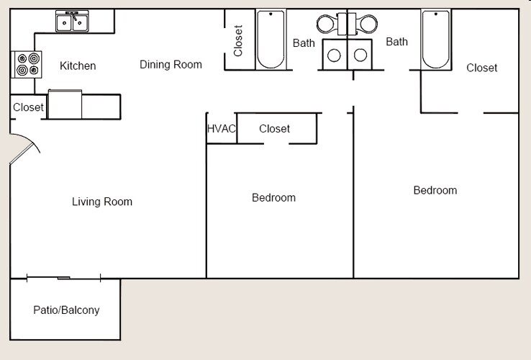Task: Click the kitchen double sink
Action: click(x=73, y=22)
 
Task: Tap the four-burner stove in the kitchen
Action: click(x=27, y=64)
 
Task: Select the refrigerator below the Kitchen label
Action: click(x=65, y=104)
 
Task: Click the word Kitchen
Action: click(x=78, y=66)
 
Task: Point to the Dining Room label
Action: click(x=171, y=64)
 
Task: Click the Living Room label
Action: click(x=102, y=202)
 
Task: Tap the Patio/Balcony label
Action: click(x=66, y=310)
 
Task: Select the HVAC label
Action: click(x=222, y=128)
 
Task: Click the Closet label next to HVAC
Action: click(x=274, y=128)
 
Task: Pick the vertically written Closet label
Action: click(x=238, y=41)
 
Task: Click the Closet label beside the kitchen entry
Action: click(x=28, y=107)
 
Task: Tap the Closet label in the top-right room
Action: click(x=481, y=68)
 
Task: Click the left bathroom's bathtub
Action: click(x=271, y=40)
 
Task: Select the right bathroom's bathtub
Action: click(x=435, y=40)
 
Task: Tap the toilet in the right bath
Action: click(x=368, y=24)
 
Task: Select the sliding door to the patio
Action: click(x=64, y=278)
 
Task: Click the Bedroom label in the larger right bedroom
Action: click(x=435, y=190)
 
